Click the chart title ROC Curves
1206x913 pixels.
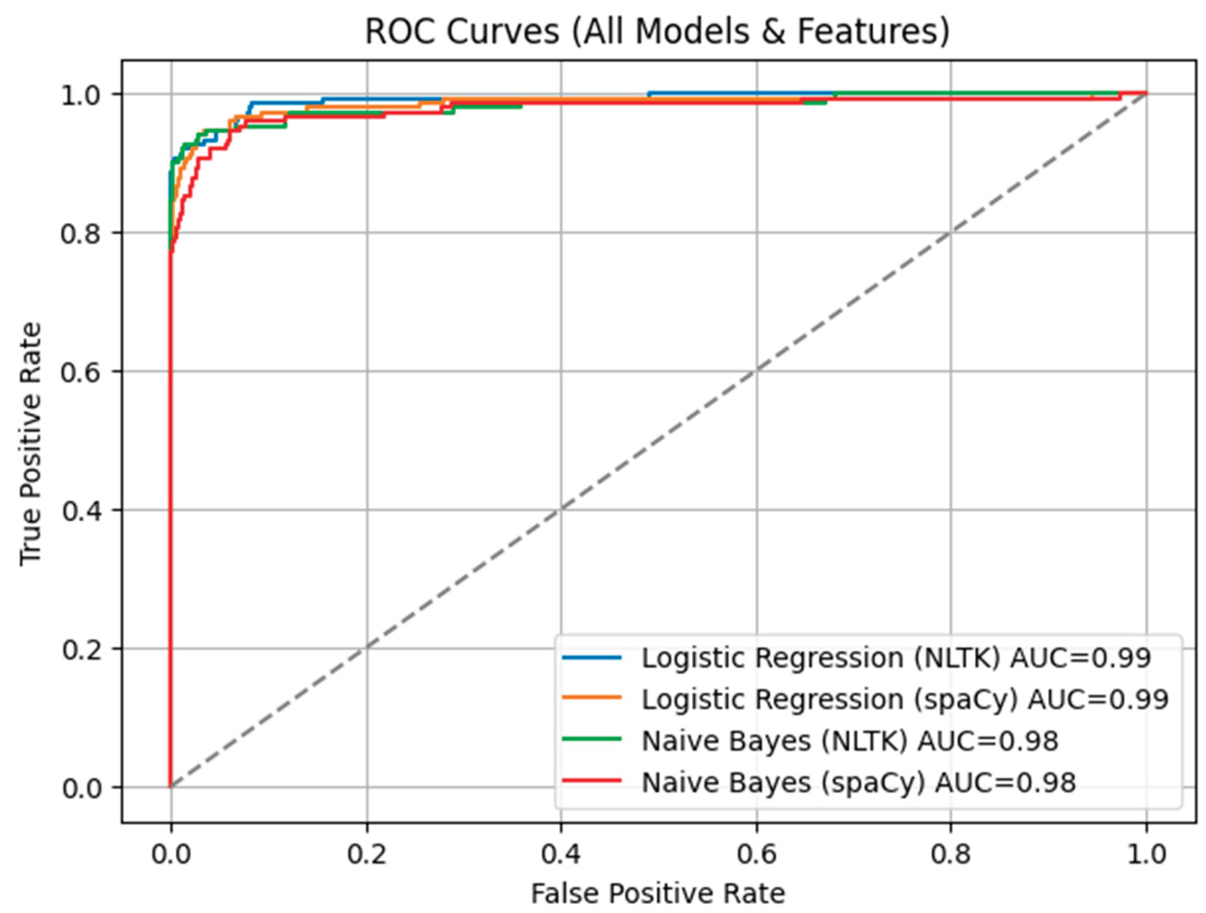click(657, 32)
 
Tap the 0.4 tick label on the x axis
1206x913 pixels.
click(561, 853)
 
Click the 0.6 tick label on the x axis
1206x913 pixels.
click(756, 853)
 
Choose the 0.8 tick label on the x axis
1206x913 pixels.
click(951, 853)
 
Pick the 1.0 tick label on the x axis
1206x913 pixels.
click(1146, 853)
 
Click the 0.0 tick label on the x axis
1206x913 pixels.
click(171, 853)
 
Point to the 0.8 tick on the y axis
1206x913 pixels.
click(82, 233)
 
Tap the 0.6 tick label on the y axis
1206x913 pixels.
click(82, 372)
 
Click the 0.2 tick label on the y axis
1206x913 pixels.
click(82, 649)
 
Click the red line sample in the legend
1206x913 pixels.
click(592, 781)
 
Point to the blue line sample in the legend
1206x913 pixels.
click(592, 657)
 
